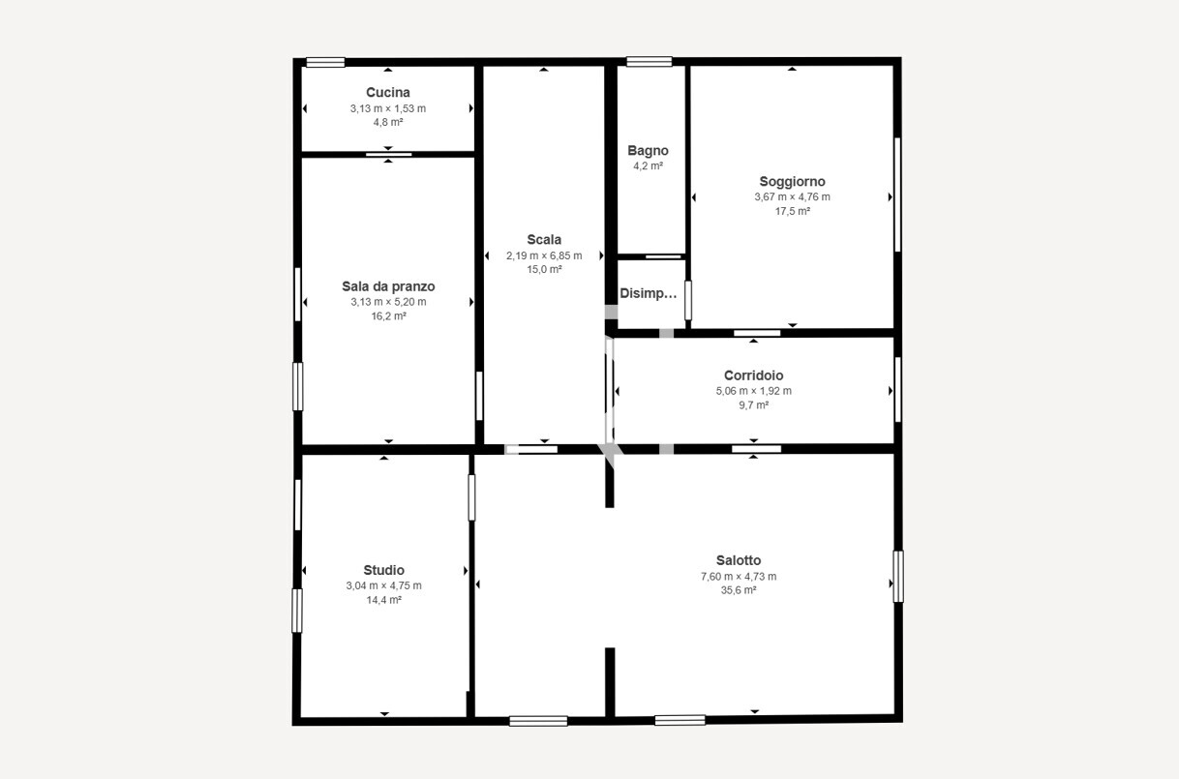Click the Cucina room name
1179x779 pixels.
click(388, 93)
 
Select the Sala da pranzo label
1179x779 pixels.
click(388, 286)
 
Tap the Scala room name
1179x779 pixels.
click(544, 240)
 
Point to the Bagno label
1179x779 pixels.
click(648, 151)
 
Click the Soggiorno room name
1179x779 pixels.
click(792, 182)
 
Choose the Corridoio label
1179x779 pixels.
click(754, 375)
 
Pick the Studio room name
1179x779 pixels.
click(383, 571)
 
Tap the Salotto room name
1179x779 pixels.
click(739, 560)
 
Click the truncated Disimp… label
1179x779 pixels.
click(649, 294)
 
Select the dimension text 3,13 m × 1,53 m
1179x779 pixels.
click(388, 109)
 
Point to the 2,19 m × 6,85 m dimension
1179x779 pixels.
click(544, 256)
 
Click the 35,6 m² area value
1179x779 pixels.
click(739, 590)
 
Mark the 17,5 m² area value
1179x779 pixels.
click(792, 212)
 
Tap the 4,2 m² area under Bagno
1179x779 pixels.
click(648, 166)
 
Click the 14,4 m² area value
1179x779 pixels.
click(383, 600)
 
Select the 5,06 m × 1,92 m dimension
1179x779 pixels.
click(754, 391)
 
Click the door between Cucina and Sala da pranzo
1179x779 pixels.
click(389, 155)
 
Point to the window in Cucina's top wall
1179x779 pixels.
click(325, 63)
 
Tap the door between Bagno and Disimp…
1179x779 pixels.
click(663, 256)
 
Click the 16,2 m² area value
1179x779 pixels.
click(388, 316)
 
